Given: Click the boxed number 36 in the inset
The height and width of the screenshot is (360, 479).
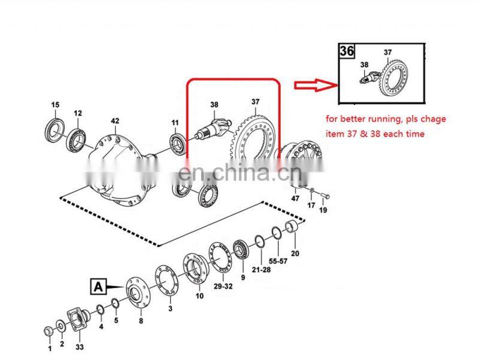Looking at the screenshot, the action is pos(347,51).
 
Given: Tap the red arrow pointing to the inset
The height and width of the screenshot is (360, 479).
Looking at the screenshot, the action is pos(316,85).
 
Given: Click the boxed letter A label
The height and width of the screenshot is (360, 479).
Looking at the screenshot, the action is pos(98,287).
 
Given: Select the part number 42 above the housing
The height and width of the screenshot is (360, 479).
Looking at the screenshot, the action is pos(115,121).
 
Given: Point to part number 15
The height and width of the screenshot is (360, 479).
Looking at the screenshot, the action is pos(55,105).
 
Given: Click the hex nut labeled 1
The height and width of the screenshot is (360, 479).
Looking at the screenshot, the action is pos(48,331).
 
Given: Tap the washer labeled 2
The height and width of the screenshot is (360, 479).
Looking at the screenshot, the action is pos(60,326).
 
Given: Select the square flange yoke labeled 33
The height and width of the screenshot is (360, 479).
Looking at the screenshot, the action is pos(78,319).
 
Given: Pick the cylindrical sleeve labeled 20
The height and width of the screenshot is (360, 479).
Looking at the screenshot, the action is pos(292,226).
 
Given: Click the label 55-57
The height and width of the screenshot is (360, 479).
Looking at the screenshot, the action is pos(278,261).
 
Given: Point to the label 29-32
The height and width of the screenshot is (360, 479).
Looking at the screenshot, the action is pos(223,286).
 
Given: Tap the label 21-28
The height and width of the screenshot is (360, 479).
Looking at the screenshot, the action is pos(261,270).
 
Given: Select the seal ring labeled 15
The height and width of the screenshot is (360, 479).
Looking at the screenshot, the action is pos(55,131).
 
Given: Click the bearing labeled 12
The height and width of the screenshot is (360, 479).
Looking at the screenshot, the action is pos(77,138).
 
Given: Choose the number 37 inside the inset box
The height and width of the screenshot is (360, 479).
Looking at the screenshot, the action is pos(387,52).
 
